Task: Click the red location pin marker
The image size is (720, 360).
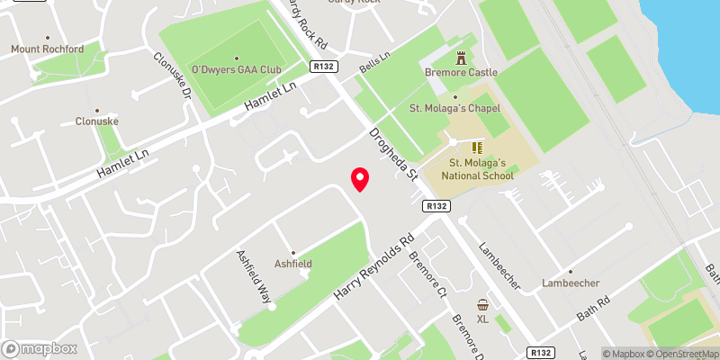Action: click(360, 179)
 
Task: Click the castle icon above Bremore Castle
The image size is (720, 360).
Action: click(463, 58)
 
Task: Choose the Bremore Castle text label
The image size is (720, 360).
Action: click(463, 72)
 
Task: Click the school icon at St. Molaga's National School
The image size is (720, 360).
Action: click(476, 147)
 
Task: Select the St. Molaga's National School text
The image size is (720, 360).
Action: click(478, 168)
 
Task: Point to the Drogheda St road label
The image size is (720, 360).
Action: click(395, 155)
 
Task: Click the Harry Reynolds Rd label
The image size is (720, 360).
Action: click(377, 267)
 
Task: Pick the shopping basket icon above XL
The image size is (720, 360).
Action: click(482, 305)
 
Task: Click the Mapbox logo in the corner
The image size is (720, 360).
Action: click(39, 348)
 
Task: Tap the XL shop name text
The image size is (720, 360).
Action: click(482, 319)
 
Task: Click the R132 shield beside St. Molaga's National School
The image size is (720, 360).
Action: click(437, 206)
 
